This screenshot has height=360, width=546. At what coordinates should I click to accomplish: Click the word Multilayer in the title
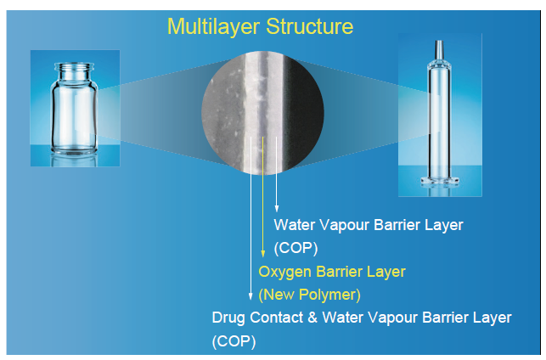point(213,27)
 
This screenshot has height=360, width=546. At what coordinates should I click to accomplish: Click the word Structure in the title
point(310,26)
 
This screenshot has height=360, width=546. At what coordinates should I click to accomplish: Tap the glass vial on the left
point(74,109)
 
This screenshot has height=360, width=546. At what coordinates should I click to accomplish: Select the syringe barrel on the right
point(439,118)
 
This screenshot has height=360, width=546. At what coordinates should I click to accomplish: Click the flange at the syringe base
point(440,181)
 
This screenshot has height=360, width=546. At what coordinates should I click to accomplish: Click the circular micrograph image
point(262,112)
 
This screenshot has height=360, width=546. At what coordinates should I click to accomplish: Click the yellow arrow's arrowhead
point(263,254)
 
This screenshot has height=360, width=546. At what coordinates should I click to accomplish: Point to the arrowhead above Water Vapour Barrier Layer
point(277,208)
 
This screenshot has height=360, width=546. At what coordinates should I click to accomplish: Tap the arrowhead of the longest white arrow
point(250,296)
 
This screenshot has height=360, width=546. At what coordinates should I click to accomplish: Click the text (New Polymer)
point(309,295)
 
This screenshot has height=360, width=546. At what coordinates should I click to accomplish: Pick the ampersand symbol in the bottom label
point(312,318)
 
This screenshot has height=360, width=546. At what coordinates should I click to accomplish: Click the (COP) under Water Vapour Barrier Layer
point(296,249)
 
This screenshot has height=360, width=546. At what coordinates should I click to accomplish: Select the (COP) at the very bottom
point(234,341)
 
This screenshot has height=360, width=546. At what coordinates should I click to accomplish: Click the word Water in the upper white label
point(295,225)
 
